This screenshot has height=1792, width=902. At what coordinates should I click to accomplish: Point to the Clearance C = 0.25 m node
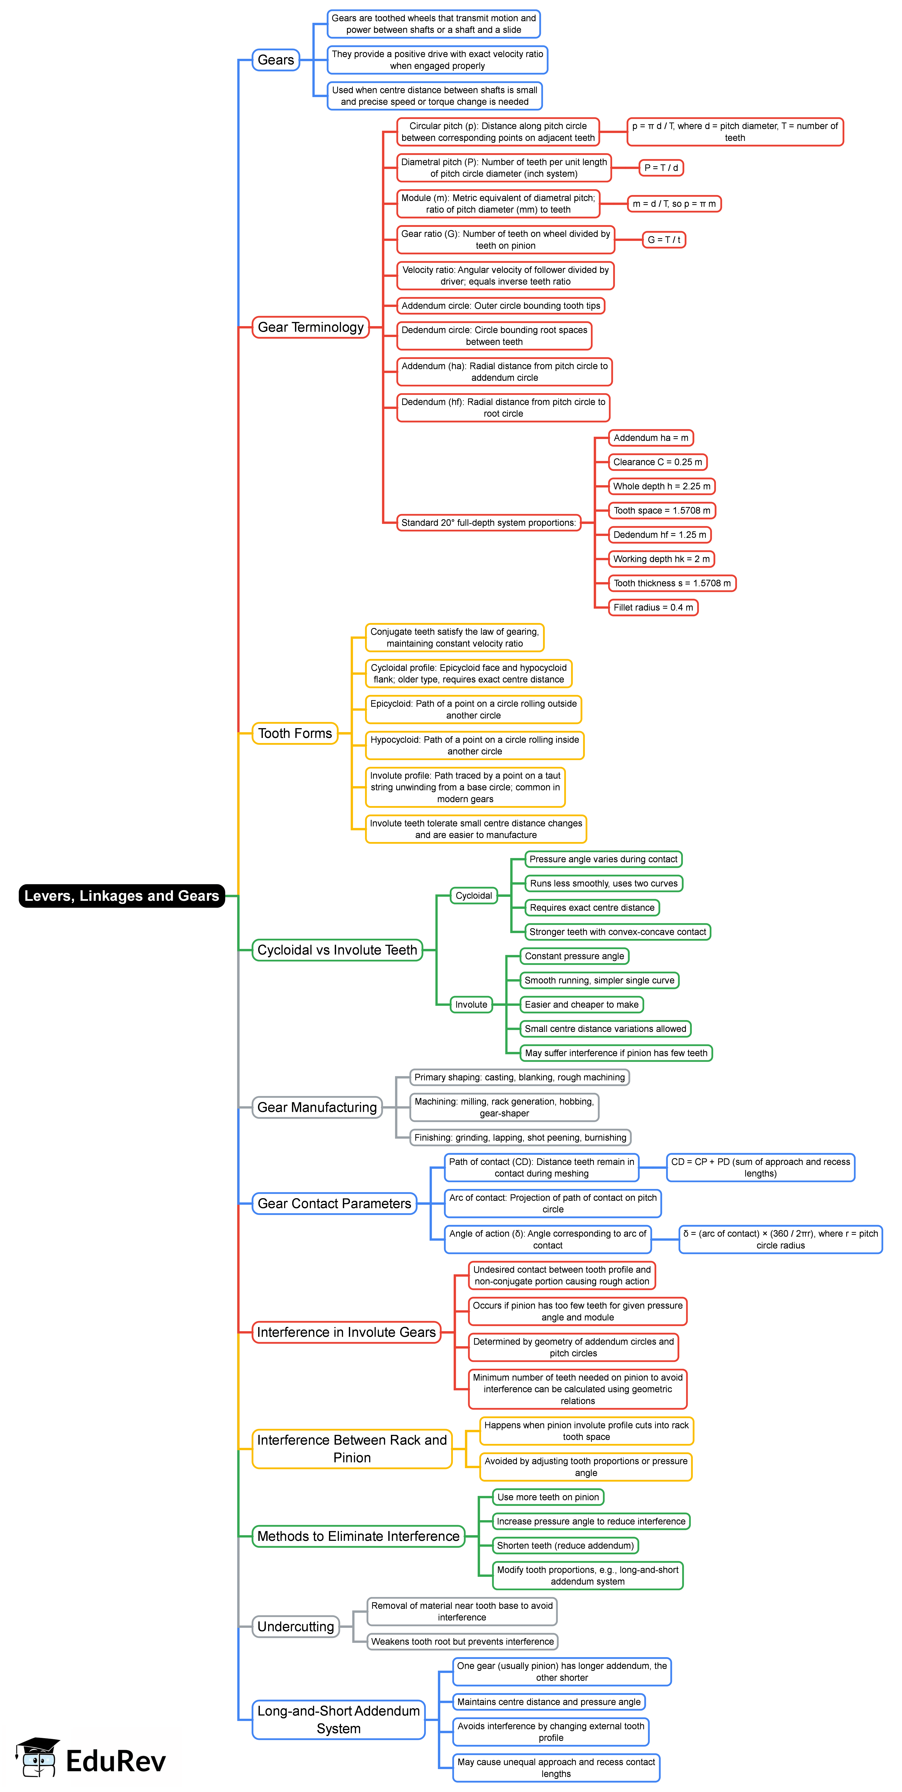pos(657,462)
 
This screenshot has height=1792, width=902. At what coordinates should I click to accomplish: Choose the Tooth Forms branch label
pos(295,733)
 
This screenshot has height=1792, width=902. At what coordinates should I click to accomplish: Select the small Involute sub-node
pos(471,1004)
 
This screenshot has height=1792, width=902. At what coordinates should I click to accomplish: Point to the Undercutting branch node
pos(296,1626)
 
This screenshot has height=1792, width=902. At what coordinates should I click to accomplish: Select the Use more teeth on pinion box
pos(548,1497)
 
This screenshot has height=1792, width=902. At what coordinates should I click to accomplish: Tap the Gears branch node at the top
pos(275,60)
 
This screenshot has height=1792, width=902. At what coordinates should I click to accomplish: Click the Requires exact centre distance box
pos(592,908)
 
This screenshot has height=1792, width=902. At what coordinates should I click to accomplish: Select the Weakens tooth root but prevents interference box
pos(462,1642)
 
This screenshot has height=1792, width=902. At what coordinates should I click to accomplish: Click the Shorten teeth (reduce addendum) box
pos(565,1546)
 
